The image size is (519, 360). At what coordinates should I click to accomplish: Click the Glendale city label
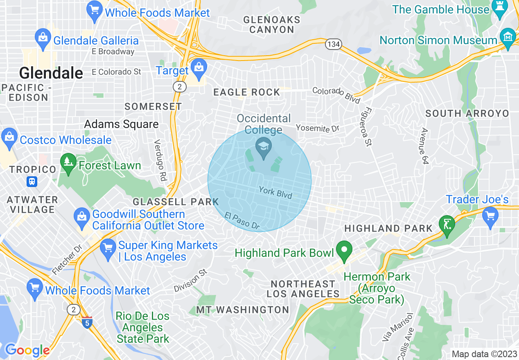(51, 73)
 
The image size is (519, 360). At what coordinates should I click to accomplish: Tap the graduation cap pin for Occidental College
(264, 148)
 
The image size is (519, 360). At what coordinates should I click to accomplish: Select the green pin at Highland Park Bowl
(344, 251)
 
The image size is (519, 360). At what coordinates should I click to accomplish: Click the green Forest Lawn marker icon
(68, 162)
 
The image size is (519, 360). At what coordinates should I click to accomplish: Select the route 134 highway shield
(334, 44)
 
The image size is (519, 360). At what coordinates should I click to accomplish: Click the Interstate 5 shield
(87, 323)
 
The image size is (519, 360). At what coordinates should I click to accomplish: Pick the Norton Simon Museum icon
(508, 38)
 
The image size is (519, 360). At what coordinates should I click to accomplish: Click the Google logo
(27, 351)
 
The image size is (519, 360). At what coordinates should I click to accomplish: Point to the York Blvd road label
(275, 193)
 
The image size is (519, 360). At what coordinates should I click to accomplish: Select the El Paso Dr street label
(242, 220)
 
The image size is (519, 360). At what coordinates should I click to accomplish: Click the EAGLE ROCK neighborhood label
(247, 92)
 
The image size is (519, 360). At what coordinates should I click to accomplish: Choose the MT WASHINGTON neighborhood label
(243, 310)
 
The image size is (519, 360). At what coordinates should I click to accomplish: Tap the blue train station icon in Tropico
(32, 181)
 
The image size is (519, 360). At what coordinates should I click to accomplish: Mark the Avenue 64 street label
(425, 146)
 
